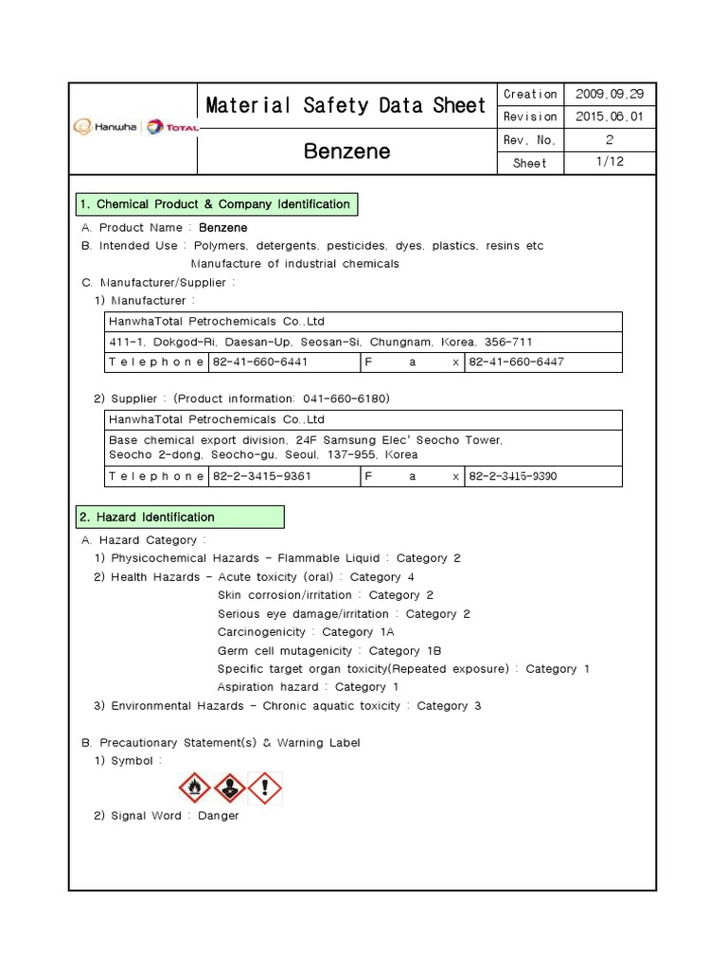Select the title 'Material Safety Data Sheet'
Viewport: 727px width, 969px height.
pos(346,106)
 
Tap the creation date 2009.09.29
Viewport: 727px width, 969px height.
pos(609,94)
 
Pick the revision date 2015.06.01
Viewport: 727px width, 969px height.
pos(609,116)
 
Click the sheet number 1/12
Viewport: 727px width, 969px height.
pos(609,163)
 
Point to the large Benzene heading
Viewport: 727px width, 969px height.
pos(346,151)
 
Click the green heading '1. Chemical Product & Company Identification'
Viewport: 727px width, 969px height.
pos(216,204)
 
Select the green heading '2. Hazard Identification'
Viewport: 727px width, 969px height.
pos(179,517)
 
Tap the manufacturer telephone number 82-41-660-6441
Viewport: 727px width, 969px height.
pos(259,361)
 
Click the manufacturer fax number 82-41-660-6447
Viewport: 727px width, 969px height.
pos(516,361)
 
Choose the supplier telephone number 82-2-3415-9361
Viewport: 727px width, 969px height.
pos(261,476)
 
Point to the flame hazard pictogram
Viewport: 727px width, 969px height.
pos(196,787)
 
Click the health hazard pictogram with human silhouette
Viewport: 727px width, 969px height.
pos(230,787)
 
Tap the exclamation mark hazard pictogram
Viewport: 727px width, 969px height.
pos(265,787)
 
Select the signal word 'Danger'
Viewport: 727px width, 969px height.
pos(218,816)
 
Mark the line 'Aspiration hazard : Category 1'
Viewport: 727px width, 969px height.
pos(308,687)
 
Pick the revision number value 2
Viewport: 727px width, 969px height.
pos(609,140)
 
